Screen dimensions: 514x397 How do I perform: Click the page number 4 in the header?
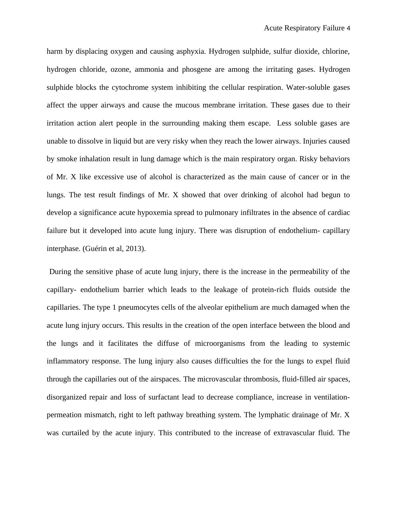(x=348, y=28)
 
